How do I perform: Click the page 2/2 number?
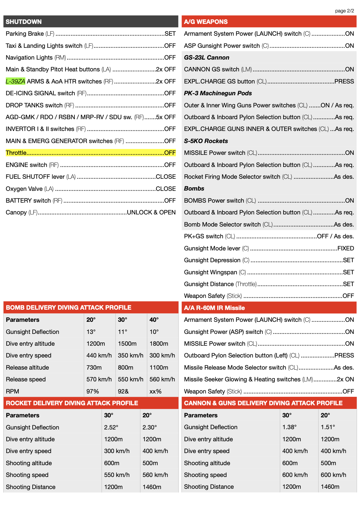(344, 11)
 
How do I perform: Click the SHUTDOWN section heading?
(24, 22)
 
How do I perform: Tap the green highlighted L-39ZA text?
(15, 81)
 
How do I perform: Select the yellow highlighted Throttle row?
(90, 153)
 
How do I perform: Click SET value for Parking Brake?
(170, 34)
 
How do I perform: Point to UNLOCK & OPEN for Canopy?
(151, 212)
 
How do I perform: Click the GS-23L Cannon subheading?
(207, 57)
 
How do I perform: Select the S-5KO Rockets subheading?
(206, 141)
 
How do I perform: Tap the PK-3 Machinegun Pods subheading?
(218, 93)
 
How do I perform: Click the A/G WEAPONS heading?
(206, 22)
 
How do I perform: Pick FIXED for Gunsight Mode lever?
(345, 248)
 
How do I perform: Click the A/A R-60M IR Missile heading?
(214, 308)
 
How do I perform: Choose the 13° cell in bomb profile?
(91, 332)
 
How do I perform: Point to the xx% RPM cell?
(155, 391)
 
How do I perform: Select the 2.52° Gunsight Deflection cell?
(111, 427)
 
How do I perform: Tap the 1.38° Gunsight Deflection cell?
(289, 427)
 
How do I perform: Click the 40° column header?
(154, 320)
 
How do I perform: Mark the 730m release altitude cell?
(94, 367)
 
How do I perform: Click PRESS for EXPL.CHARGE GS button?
(344, 81)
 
